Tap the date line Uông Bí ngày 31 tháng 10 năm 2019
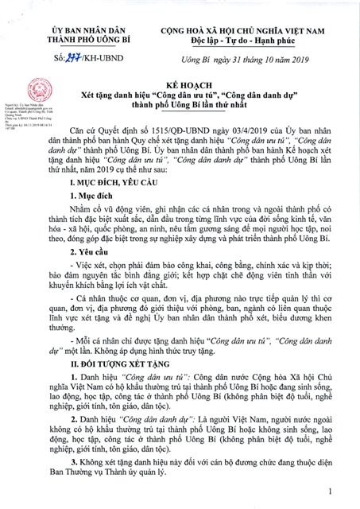(x=247, y=58)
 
